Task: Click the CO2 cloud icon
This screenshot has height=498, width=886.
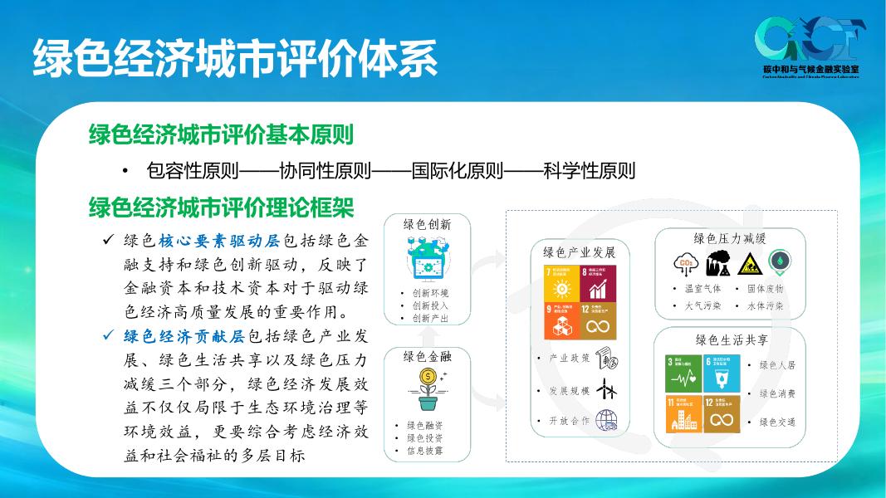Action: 687,264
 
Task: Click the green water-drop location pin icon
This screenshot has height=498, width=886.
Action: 780,263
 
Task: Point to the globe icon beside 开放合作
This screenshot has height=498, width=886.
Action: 607,420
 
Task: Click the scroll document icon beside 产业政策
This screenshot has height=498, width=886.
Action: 607,359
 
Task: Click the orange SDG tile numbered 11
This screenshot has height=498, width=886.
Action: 684,413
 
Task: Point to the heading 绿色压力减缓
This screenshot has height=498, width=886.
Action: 729,238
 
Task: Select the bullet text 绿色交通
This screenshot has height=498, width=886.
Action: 777,422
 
